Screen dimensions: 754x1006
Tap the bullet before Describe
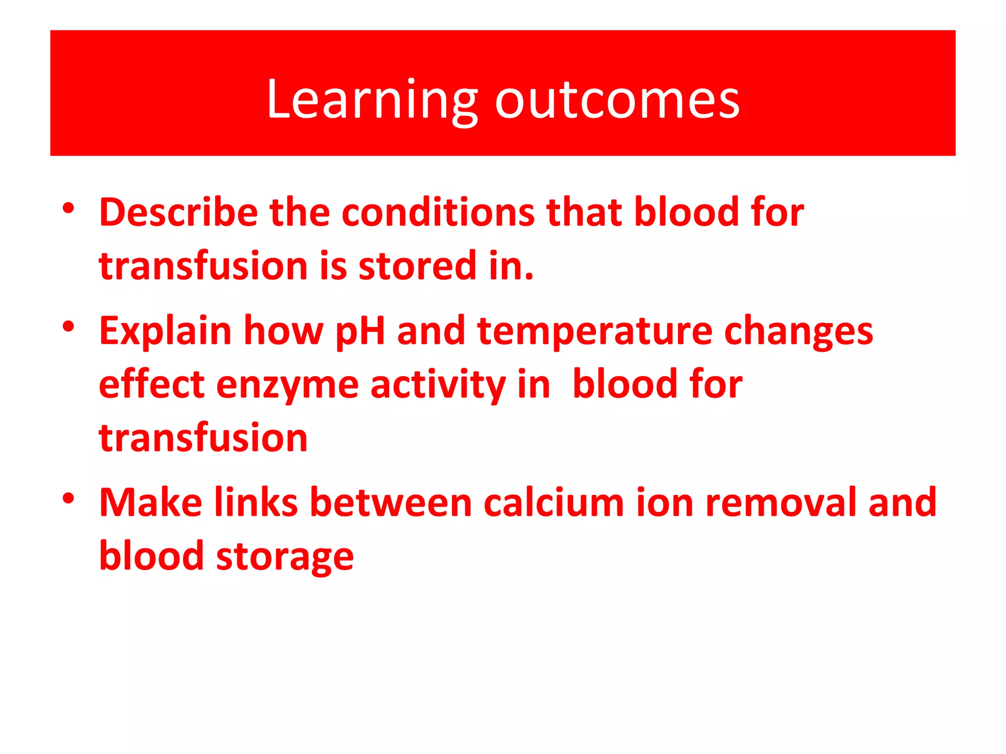pyautogui.click(x=68, y=208)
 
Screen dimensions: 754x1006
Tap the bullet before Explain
pyautogui.click(x=68, y=326)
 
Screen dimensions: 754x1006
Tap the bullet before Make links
pyautogui.click(x=68, y=499)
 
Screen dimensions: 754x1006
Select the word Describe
pyautogui.click(x=178, y=212)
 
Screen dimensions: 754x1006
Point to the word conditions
pyautogui.click(x=438, y=212)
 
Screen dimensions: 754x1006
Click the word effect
pyautogui.click(x=151, y=384)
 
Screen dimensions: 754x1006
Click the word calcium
pyautogui.click(x=554, y=503)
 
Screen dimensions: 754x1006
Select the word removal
pyautogui.click(x=781, y=503)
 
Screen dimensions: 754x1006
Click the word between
pyautogui.click(x=391, y=503)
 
